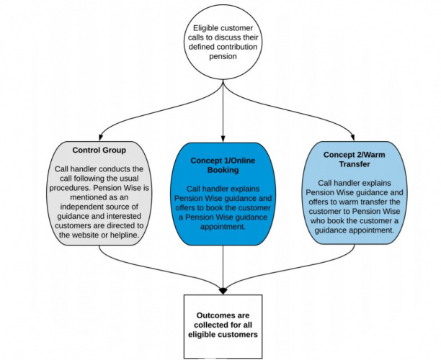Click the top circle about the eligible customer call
[223, 42]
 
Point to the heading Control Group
[100, 150]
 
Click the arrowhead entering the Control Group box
[100, 136]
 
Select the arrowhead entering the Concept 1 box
[223, 136]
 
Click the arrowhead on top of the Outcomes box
[223, 290]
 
